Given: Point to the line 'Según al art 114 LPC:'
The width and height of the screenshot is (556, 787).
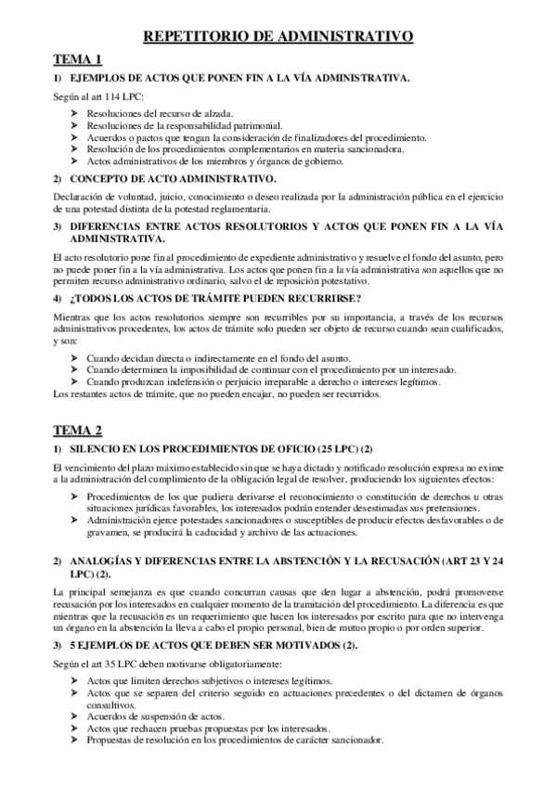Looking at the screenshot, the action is [x=98, y=97].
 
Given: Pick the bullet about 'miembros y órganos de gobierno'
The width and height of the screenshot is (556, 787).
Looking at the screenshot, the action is [x=214, y=161].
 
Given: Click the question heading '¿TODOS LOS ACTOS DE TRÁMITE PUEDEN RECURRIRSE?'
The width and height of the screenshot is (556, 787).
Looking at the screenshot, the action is [x=215, y=297].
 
